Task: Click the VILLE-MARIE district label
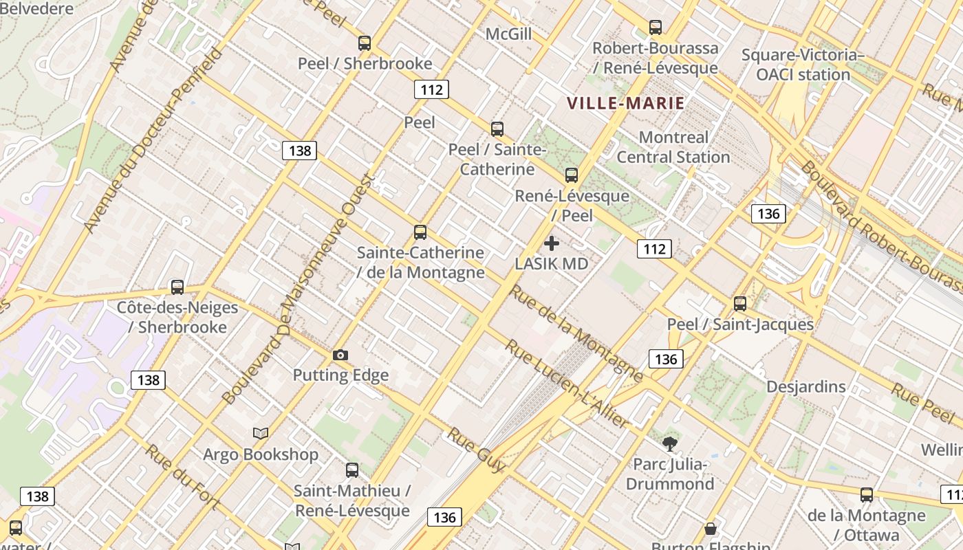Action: point(625,104)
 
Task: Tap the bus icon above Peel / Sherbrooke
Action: point(365,43)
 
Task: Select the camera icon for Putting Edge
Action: point(340,355)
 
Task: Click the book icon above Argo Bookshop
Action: point(261,434)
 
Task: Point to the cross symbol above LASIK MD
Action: point(552,243)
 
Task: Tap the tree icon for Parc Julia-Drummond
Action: point(670,444)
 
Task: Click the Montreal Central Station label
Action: point(673,147)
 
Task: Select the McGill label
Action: point(508,34)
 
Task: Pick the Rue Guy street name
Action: point(477,450)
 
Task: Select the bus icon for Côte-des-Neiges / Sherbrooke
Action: point(177,287)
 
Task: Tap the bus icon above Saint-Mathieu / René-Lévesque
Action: point(352,470)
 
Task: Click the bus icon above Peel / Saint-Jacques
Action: point(740,303)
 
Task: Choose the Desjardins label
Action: point(806,386)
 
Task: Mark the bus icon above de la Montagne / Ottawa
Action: point(867,495)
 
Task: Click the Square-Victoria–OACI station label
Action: point(803,65)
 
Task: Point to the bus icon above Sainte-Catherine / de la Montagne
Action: point(420,232)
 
